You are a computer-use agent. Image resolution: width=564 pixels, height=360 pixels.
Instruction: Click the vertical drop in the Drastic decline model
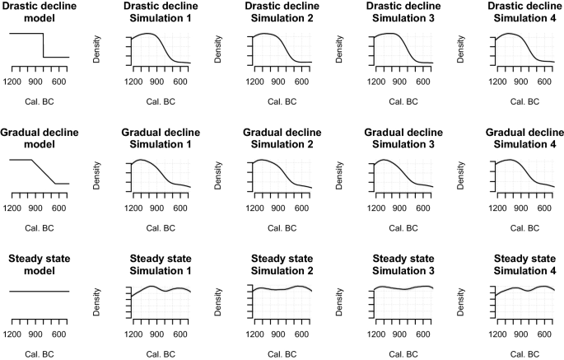tap(44, 45)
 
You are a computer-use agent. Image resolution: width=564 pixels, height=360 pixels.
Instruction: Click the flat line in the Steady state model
tap(39, 291)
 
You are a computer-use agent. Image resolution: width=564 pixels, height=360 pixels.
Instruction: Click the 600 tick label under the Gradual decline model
tap(58, 208)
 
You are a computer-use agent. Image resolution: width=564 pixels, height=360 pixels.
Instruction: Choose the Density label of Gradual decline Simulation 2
tap(218, 175)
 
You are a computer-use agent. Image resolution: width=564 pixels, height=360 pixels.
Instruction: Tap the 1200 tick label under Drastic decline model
tap(12, 82)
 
